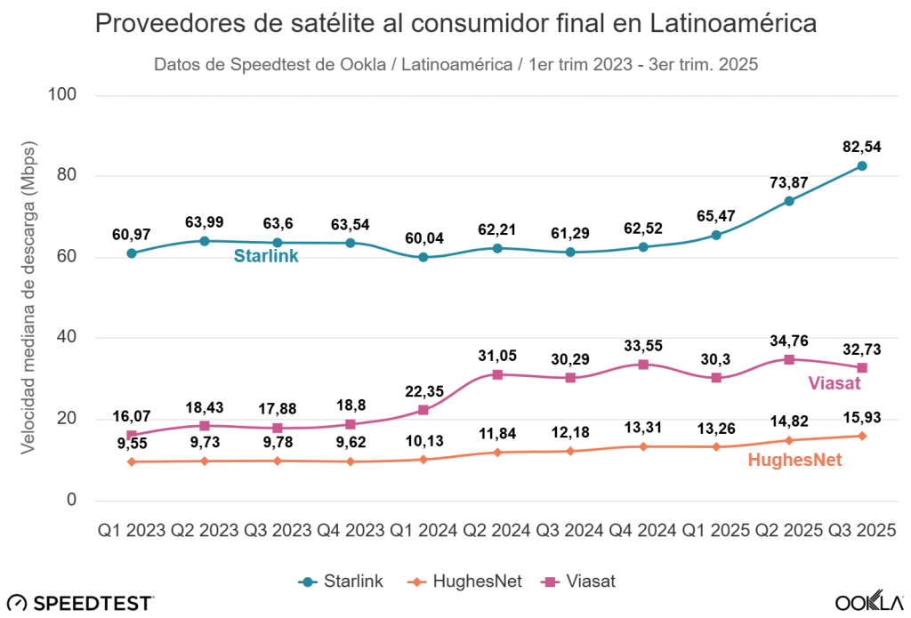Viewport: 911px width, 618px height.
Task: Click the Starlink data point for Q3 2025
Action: pos(862,166)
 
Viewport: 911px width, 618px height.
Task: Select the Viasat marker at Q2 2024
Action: pos(497,374)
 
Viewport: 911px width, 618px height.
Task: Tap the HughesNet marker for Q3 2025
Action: pos(862,436)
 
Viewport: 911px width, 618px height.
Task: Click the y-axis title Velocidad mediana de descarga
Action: pos(29,296)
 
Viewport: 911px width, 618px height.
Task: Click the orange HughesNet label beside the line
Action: pos(794,460)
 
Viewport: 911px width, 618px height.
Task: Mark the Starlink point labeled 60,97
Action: pos(132,253)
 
